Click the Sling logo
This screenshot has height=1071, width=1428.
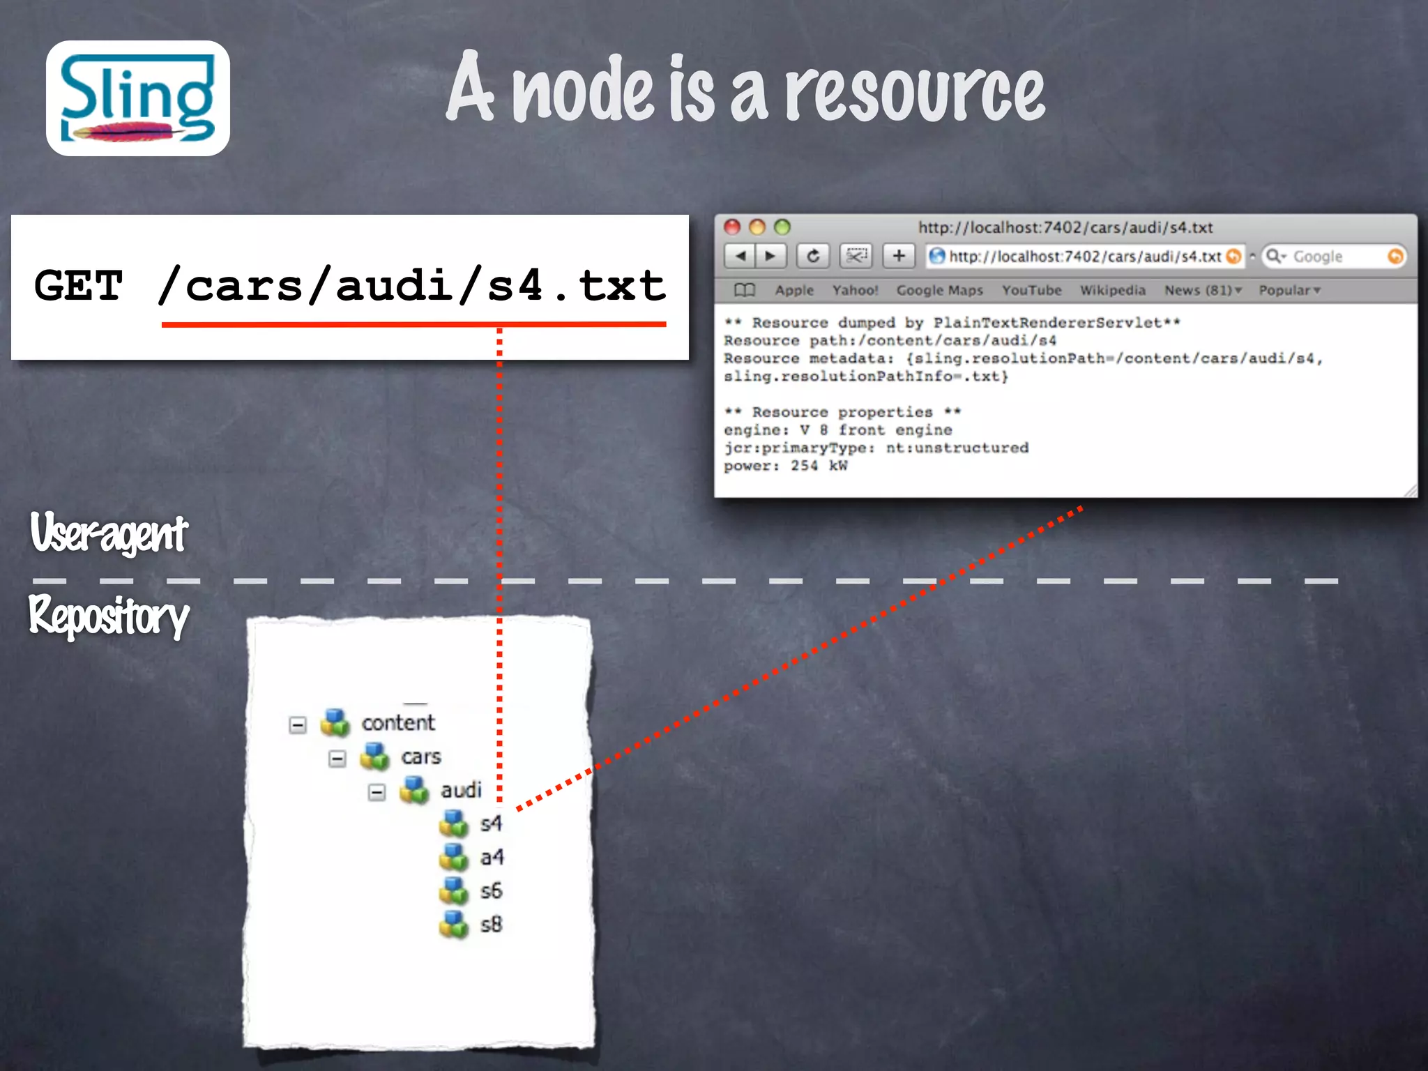138,98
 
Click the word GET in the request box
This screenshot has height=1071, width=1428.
79,286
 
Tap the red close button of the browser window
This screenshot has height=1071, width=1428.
732,227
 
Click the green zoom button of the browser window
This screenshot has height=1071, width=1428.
782,227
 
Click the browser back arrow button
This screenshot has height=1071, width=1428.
740,257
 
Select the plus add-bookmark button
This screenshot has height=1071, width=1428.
899,257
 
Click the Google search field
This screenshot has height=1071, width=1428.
1332,257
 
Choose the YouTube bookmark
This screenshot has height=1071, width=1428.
1031,290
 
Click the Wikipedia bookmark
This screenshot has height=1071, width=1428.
1112,290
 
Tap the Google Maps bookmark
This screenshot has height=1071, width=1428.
939,290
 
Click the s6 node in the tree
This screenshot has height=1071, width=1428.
490,890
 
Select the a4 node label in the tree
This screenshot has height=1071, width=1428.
492,857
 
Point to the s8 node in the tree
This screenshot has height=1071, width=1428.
490,925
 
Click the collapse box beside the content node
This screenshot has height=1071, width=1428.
298,725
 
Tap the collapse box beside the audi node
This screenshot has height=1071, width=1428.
377,792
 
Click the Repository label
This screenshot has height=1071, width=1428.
109,616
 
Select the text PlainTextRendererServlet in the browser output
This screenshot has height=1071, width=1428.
1047,322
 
